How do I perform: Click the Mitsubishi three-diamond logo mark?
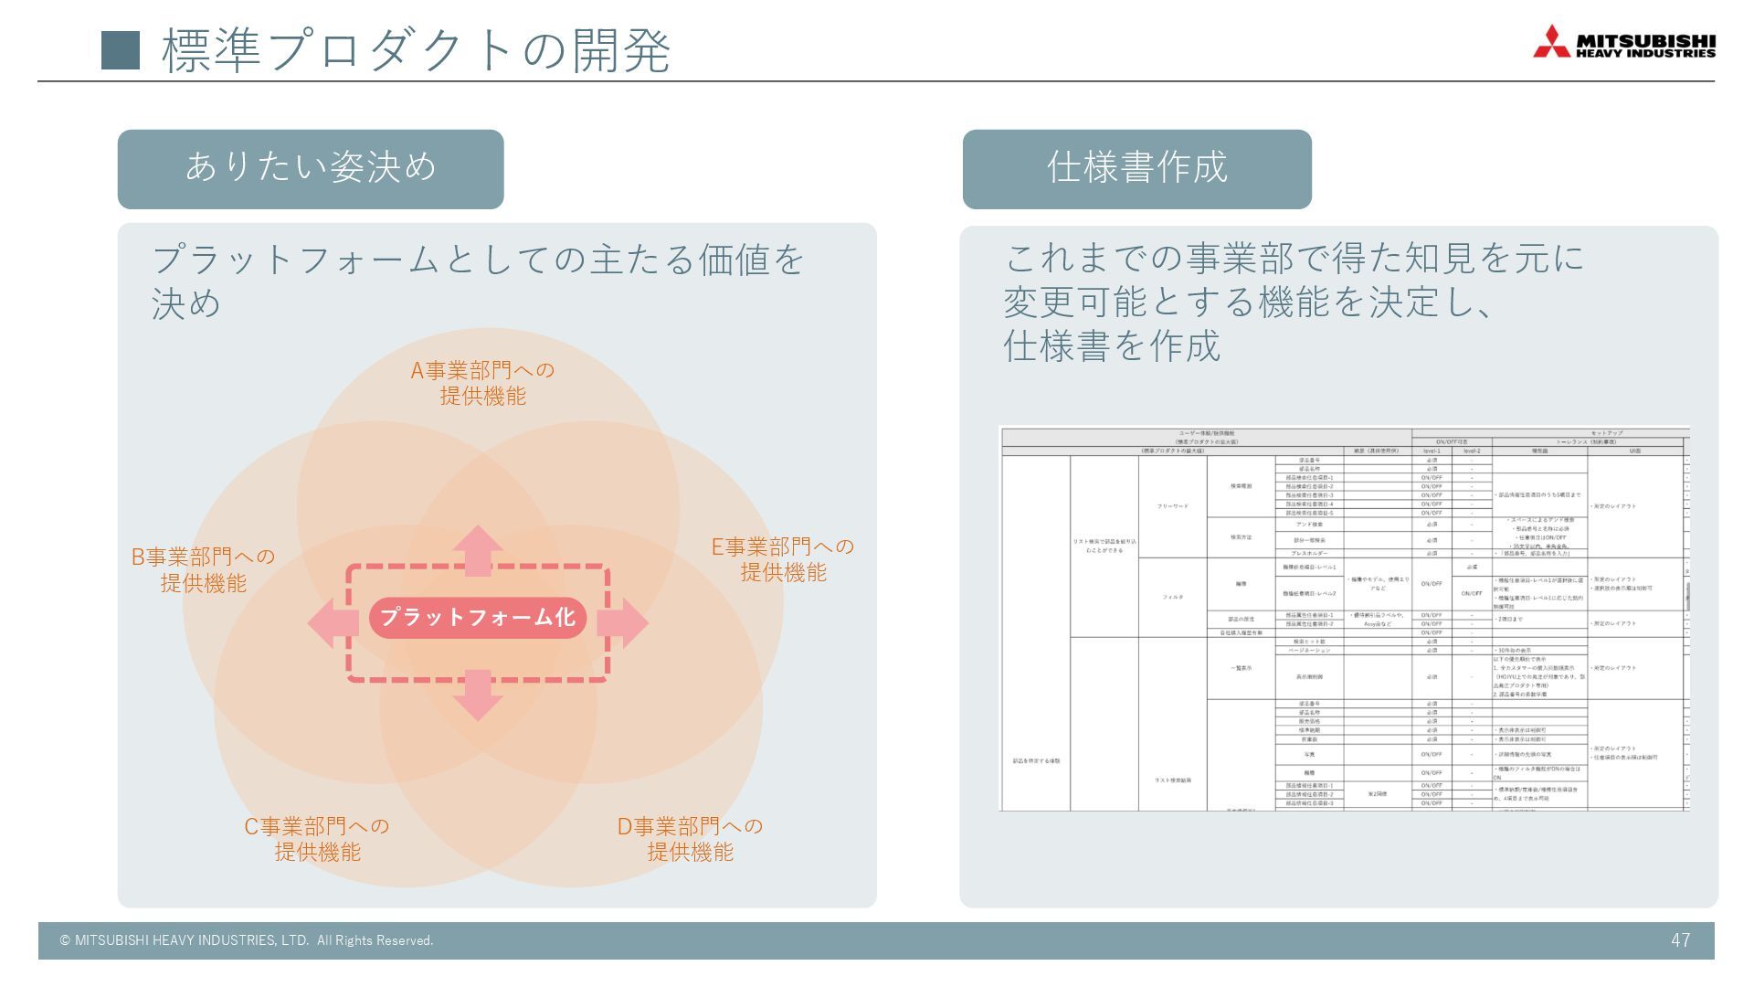[x=1551, y=42]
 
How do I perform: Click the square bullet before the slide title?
[x=120, y=50]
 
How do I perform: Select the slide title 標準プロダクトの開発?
[x=417, y=50]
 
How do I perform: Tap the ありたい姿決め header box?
[x=311, y=169]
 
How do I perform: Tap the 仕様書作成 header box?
[x=1136, y=169]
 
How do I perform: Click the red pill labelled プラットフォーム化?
[x=477, y=618]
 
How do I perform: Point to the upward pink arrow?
[x=478, y=550]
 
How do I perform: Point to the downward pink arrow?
[x=478, y=695]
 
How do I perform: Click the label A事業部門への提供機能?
[x=482, y=383]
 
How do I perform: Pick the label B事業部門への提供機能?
[x=203, y=569]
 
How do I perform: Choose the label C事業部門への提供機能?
[x=317, y=839]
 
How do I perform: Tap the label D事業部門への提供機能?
[x=690, y=839]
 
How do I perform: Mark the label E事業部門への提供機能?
[x=783, y=559]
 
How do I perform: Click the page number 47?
[x=1680, y=940]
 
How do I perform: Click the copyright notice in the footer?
[x=247, y=940]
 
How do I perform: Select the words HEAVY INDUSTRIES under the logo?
[x=1645, y=54]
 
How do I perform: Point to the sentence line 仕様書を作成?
[x=1112, y=346]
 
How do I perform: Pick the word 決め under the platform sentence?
[x=186, y=303]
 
